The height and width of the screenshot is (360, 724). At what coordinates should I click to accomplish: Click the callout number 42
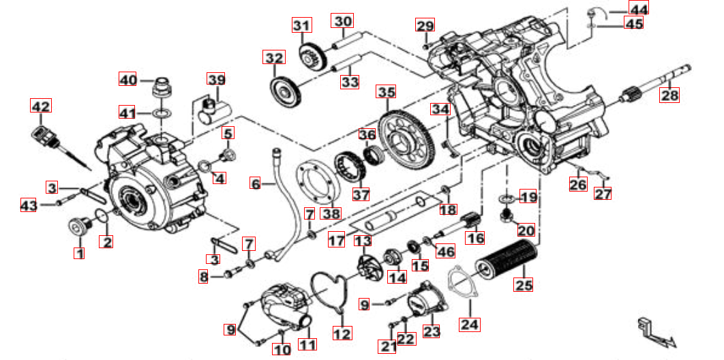click(x=41, y=106)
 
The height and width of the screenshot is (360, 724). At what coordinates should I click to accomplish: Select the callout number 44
click(x=639, y=8)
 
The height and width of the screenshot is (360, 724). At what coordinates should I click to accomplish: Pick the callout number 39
click(x=216, y=80)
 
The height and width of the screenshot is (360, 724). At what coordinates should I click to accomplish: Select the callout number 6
click(x=255, y=183)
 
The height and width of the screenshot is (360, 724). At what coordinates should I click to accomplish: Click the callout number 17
click(x=336, y=241)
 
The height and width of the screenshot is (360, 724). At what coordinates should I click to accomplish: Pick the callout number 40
click(x=128, y=79)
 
